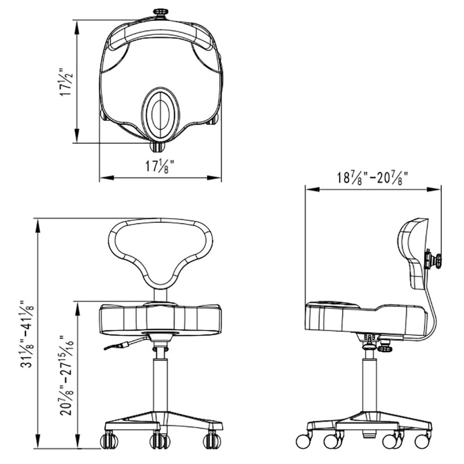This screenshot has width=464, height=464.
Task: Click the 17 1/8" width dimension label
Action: pyautogui.click(x=160, y=166)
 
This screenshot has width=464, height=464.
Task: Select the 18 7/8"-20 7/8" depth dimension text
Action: pyautogui.click(x=373, y=177)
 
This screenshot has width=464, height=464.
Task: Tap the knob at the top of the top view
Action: pyautogui.click(x=159, y=12)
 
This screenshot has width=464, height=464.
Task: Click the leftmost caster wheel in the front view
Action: pyautogui.click(x=107, y=441)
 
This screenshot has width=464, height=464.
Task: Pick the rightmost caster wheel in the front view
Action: pyautogui.click(x=212, y=441)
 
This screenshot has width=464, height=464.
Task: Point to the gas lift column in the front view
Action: pyautogui.click(x=160, y=383)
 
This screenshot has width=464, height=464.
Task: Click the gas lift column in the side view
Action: pyautogui.click(x=368, y=383)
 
